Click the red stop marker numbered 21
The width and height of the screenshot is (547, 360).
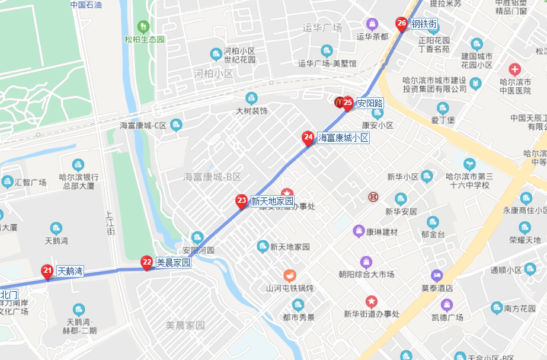coord(47,271)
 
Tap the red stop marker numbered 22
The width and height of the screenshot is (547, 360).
coord(147,262)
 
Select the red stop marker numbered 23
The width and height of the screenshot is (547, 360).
coord(241,200)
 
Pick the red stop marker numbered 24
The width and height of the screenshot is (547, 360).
coord(308,138)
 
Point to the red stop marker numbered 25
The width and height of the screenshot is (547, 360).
coord(348,103)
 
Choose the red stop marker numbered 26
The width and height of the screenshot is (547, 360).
coord(402,24)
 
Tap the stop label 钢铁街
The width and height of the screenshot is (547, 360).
coord(424,24)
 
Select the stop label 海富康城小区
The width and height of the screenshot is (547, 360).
coord(344,138)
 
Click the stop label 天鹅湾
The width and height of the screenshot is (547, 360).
coord(69,272)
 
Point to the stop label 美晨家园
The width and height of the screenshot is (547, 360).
coord(173,262)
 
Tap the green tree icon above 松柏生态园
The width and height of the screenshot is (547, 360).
coord(143,27)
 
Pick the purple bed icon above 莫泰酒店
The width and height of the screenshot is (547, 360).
coord(437,275)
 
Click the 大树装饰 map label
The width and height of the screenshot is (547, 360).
coord(252,111)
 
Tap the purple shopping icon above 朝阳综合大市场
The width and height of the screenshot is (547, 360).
coord(366,262)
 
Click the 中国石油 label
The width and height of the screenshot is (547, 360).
coord(86,5)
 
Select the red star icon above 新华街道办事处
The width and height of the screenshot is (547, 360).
coord(372,301)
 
